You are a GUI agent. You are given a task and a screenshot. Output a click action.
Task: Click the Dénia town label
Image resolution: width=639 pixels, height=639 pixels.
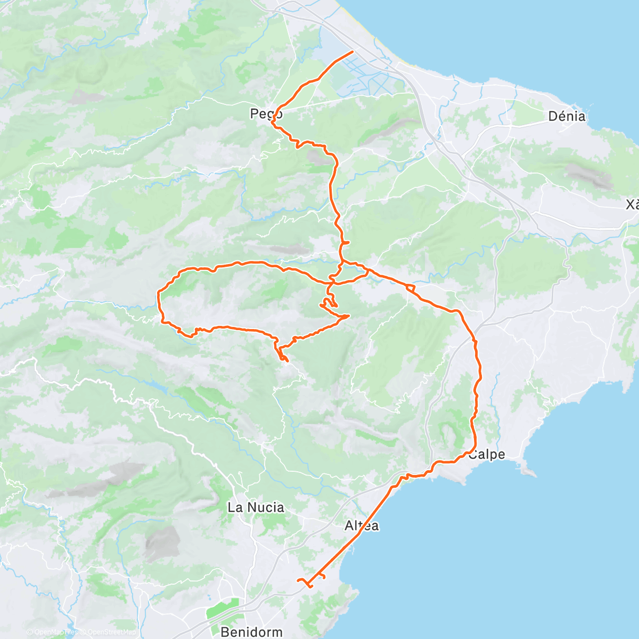click(x=567, y=116)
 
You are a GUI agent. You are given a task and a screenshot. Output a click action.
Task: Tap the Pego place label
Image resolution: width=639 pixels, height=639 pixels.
click(x=266, y=113)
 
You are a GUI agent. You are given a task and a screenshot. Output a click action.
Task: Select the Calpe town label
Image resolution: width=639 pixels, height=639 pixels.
click(x=486, y=455)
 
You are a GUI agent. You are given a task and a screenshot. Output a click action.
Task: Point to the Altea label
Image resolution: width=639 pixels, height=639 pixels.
click(x=362, y=526)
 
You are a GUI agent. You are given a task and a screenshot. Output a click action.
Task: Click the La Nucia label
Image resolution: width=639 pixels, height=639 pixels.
click(x=256, y=507)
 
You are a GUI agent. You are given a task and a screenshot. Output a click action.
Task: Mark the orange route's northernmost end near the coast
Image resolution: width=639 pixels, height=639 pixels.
click(x=353, y=52)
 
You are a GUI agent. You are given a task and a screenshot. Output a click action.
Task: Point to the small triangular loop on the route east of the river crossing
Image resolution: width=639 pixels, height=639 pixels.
click(x=411, y=288)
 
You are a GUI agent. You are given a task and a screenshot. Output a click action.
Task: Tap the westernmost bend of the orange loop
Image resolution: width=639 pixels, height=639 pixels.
click(x=159, y=293)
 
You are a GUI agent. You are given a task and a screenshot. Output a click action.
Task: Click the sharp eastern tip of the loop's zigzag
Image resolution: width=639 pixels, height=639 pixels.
click(x=349, y=316)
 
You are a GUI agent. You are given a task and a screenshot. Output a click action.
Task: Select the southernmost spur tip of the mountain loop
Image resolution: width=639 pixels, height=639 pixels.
click(x=287, y=362)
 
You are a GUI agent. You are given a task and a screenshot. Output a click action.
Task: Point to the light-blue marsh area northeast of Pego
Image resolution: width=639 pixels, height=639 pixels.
click(x=325, y=53)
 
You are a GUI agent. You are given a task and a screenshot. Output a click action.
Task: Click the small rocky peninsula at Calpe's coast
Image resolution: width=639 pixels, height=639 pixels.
click(x=527, y=471)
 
